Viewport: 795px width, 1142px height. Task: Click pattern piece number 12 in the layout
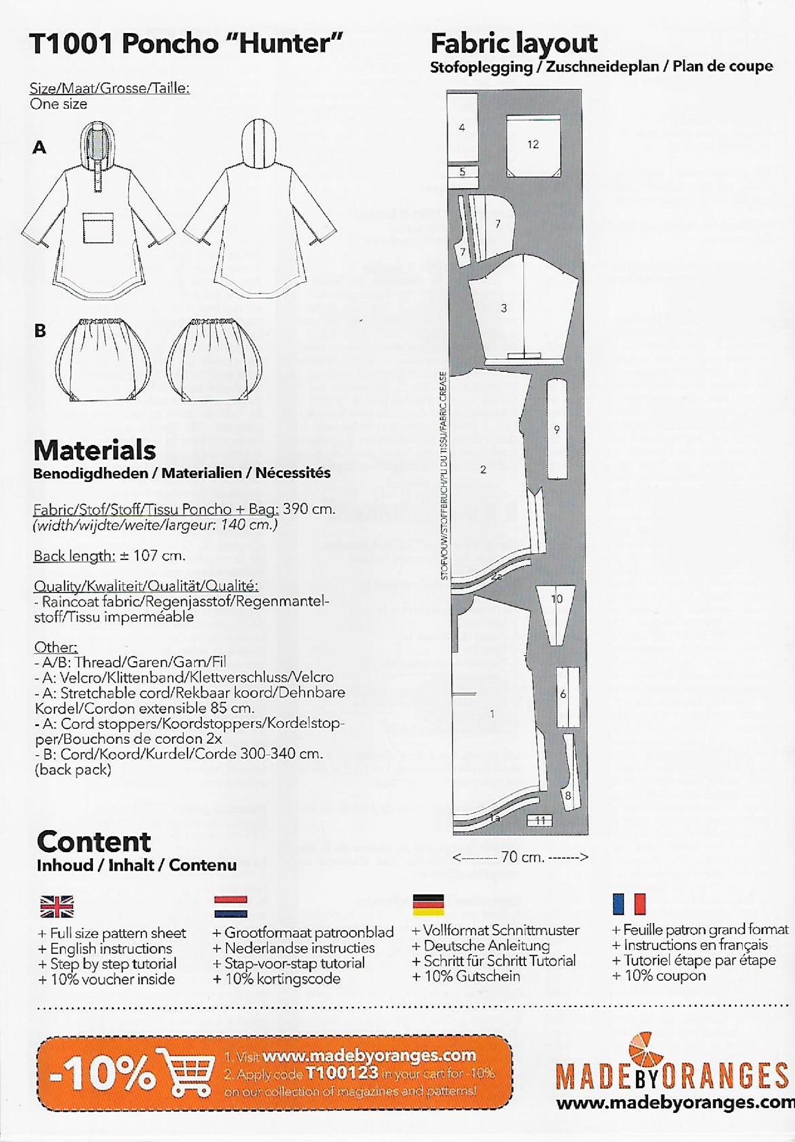[x=533, y=145]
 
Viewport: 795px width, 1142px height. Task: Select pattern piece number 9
[x=557, y=429]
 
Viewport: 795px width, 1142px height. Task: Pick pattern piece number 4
[x=462, y=128]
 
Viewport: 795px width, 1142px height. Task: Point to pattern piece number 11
[x=540, y=820]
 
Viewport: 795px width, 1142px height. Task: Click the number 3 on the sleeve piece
[x=503, y=309]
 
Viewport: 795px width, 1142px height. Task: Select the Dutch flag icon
[x=231, y=906]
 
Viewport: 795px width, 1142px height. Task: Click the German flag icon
[x=428, y=905]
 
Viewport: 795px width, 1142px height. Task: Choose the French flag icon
[x=628, y=903]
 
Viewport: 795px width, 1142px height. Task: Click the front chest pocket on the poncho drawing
[x=98, y=227]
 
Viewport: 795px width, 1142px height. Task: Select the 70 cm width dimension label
[x=521, y=857]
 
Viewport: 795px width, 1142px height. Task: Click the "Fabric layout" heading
[x=514, y=43]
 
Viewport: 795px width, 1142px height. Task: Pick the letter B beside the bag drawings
[x=40, y=331]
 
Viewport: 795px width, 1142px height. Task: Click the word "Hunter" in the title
[x=289, y=43]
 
